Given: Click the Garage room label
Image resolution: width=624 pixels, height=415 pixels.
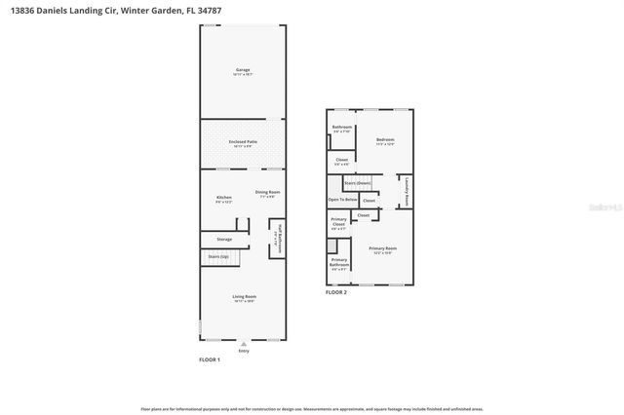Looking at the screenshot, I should pyautogui.click(x=243, y=70).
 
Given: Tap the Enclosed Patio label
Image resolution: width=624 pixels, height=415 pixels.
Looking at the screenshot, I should pyautogui.click(x=243, y=143).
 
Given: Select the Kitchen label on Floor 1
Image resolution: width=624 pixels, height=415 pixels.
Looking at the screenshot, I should pyautogui.click(x=224, y=199).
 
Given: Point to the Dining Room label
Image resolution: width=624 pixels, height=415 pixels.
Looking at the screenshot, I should pyautogui.click(x=268, y=192).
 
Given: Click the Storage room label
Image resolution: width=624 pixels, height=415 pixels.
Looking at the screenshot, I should pyautogui.click(x=224, y=238).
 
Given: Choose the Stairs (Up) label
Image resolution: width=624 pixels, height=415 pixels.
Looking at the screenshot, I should pyautogui.click(x=217, y=256).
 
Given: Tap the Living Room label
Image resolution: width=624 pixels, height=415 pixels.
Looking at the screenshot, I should pyautogui.click(x=244, y=297).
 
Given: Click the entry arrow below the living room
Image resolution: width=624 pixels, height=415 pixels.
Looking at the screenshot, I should pyautogui.click(x=244, y=343).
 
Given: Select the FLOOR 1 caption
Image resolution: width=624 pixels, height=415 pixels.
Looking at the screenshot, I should pyautogui.click(x=210, y=360).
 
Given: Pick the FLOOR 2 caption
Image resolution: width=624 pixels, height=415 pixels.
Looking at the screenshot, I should pyautogui.click(x=336, y=292).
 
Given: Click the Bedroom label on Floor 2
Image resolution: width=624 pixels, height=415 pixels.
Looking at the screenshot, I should pyautogui.click(x=384, y=140).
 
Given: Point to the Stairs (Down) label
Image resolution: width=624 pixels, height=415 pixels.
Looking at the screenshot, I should pyautogui.click(x=358, y=182).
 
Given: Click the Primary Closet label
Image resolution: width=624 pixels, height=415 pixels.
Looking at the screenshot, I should pyautogui.click(x=338, y=225).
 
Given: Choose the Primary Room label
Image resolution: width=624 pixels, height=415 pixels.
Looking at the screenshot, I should pyautogui.click(x=383, y=249).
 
